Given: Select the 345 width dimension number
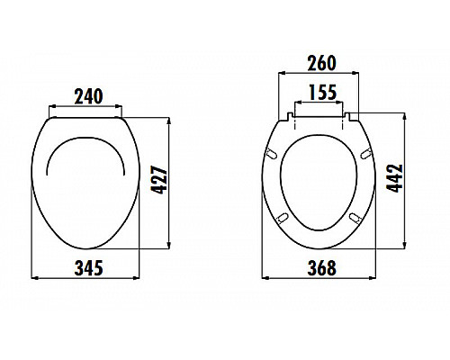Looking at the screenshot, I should click(87, 267).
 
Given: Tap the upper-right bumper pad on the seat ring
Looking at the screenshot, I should click(364, 156).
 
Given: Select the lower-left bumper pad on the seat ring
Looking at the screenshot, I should click(282, 217).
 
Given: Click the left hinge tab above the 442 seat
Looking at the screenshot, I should click(289, 114).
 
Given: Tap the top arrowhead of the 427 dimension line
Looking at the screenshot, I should click(169, 118).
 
